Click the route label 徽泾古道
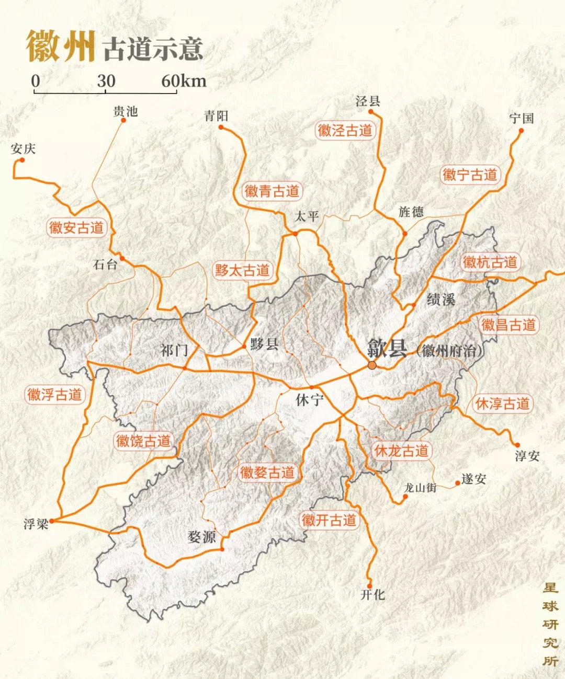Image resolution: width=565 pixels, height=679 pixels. tap(345, 130)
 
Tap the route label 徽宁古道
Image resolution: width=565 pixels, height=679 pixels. tap(469, 174)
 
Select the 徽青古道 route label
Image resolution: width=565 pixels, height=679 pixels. tap(272, 191)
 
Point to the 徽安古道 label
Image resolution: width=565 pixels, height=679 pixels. tap(76, 227)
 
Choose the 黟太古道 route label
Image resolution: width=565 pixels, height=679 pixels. tap(242, 270)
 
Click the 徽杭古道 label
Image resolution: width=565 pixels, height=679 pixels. tap(490, 262)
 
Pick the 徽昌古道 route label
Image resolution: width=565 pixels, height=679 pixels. tap(508, 325)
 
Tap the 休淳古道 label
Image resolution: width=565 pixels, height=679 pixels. tap(502, 404)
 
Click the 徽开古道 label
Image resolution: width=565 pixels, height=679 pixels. tap(329, 520)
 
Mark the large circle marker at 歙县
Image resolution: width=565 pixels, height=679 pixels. tap(372, 365)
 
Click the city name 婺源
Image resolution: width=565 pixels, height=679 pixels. tap(202, 537)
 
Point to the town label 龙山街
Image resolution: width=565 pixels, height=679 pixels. tap(420, 488)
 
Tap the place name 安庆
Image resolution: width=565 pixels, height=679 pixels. tap(23, 149)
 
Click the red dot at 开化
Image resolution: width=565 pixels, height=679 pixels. tap(370, 585)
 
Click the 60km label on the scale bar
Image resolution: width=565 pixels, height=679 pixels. tap(184, 81)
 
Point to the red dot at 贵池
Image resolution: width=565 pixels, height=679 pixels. tap(123, 120)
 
